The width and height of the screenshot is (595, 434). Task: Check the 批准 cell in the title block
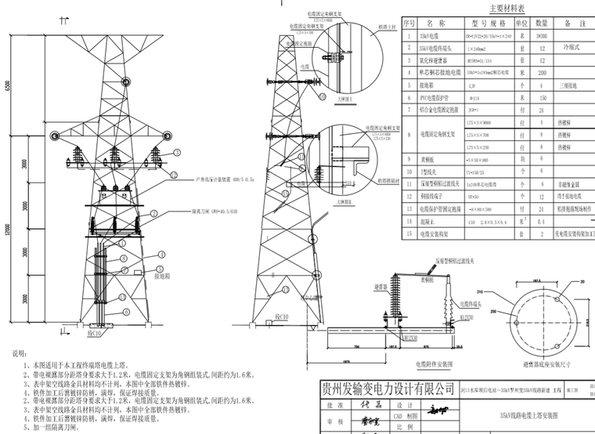pyautogui.click(x=335, y=405)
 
